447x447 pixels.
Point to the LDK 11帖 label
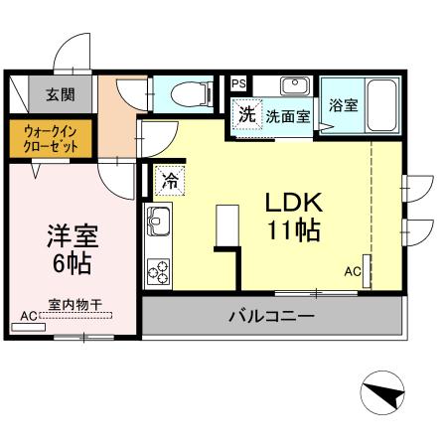pos(291,216)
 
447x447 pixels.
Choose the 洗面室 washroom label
pos(287,115)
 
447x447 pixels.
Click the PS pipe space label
pos(239,83)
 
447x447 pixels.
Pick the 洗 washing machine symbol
pos(246,113)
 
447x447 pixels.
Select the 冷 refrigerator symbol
pos(170,181)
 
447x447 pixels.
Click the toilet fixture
pos(188,94)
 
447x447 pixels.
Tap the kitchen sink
pos(159,219)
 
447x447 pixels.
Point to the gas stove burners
pos(159,269)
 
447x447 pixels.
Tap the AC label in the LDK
pos(353,270)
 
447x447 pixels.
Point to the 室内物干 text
pos(75,305)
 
